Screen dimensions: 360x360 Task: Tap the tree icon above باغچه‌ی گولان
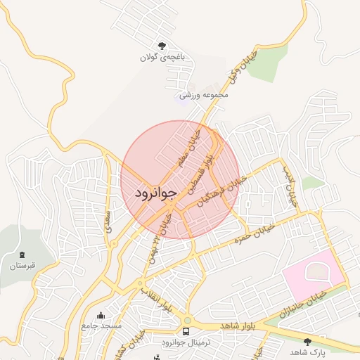(163, 46)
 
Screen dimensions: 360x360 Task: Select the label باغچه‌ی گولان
(163, 58)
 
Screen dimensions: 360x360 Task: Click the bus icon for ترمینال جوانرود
(186, 331)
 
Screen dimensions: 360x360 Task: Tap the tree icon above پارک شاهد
(307, 341)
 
